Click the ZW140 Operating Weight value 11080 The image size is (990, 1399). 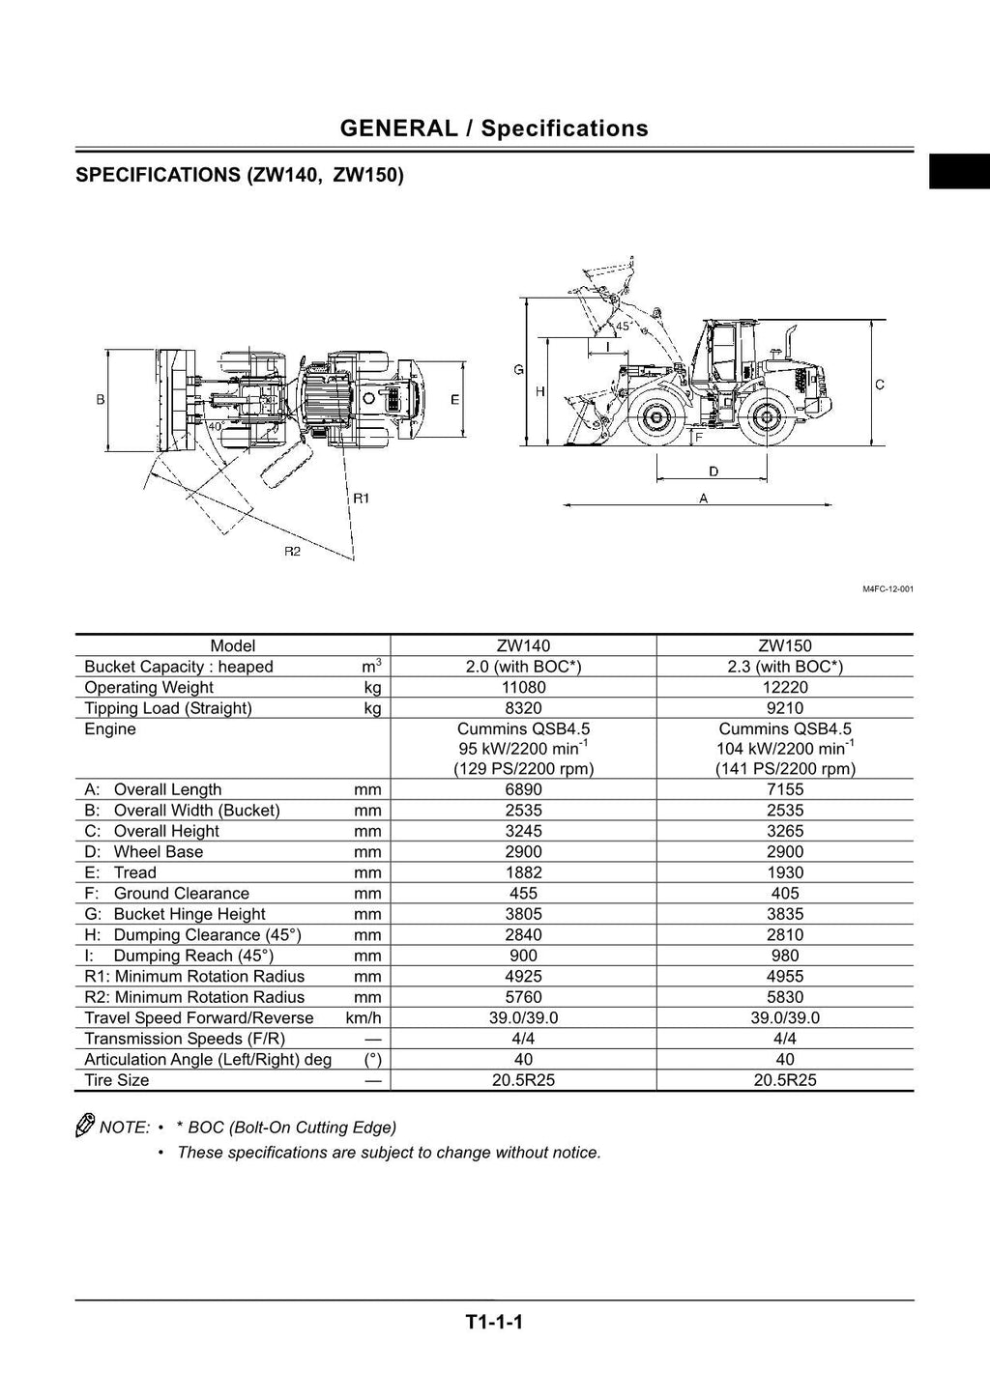pos(523,687)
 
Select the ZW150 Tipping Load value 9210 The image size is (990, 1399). pos(784,708)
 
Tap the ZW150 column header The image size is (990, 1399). pos(784,645)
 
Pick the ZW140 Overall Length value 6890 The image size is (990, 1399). pos(523,789)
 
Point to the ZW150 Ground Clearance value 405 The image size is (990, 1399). pos(784,894)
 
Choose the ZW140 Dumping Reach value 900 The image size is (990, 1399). pos(523,956)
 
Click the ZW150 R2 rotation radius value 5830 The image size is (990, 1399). pos(784,997)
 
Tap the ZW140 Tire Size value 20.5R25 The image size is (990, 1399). pos(523,1080)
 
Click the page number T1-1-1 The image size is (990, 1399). pos(494,1322)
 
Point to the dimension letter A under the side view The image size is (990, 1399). pos(703,499)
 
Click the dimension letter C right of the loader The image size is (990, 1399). pos(880,385)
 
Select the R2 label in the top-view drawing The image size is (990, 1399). pos(292,551)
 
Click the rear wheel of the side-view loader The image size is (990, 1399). pos(766,418)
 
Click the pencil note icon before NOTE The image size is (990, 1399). pos(85,1126)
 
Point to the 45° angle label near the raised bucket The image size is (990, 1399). pos(624,327)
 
